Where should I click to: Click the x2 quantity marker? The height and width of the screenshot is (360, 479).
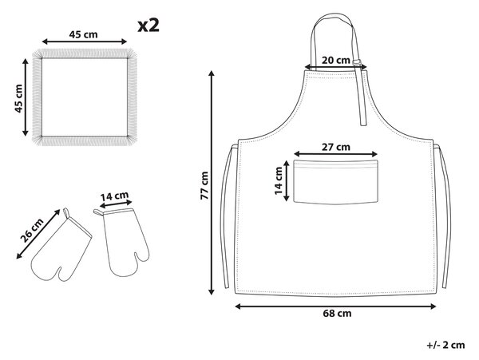[x=148, y=26]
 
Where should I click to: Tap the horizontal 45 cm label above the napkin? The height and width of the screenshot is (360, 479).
[x=83, y=34]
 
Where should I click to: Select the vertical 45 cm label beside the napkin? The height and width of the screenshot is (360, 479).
[x=18, y=98]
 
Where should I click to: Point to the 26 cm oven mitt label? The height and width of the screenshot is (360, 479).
[x=32, y=230]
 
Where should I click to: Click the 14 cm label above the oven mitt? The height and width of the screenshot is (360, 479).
[x=114, y=196]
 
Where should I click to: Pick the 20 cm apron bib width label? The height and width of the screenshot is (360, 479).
[x=336, y=60]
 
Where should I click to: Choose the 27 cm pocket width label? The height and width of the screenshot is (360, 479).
[x=336, y=147]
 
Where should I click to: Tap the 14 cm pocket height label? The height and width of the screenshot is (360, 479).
[x=279, y=180]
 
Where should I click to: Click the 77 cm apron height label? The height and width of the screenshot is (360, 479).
[x=204, y=185]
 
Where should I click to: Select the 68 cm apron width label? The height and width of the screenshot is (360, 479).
[x=337, y=313]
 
